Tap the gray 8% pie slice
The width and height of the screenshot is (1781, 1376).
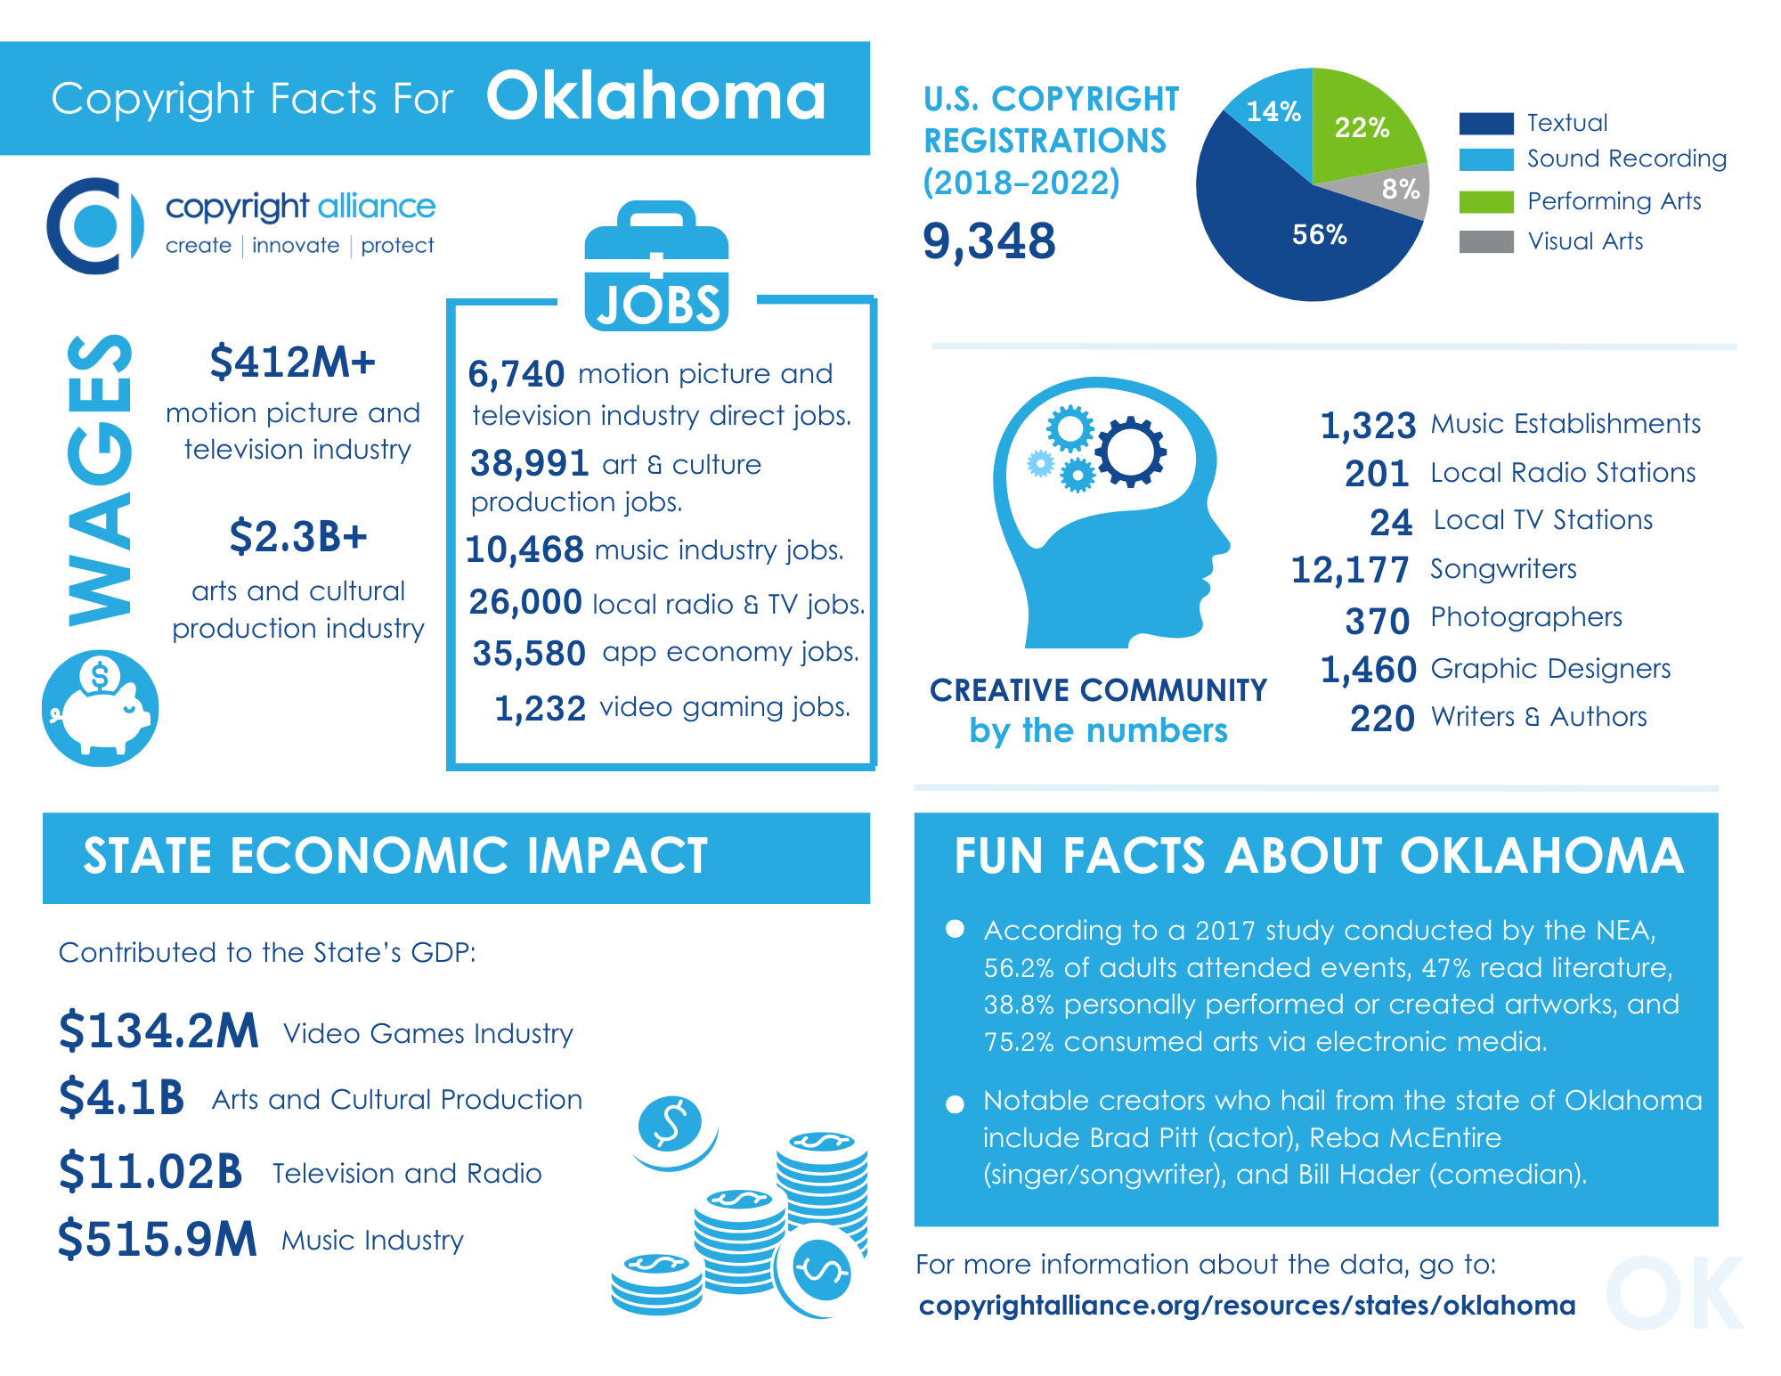tap(1402, 190)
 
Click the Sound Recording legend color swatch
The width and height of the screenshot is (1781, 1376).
tap(1485, 159)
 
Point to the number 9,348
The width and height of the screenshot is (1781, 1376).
tap(988, 241)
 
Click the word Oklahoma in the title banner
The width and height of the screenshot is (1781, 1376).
tap(656, 97)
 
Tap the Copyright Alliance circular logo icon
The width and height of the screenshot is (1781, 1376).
tap(94, 225)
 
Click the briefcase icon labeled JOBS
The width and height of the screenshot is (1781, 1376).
tap(656, 267)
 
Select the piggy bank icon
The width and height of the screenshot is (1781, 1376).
tap(101, 709)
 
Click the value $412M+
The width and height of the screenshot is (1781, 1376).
tap(292, 362)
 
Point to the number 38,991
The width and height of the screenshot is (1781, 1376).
tap(529, 463)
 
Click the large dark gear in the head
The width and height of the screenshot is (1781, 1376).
tap(1130, 452)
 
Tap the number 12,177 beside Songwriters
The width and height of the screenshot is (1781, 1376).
tap(1350, 570)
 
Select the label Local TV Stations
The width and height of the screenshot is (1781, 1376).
tap(1542, 520)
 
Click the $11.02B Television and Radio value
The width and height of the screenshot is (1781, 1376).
tap(150, 1172)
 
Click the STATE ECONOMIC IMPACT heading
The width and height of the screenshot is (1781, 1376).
tap(395, 856)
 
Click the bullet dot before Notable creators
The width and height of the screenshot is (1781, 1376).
tap(955, 1104)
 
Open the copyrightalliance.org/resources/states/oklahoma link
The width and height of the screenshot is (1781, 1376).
tap(1247, 1306)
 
